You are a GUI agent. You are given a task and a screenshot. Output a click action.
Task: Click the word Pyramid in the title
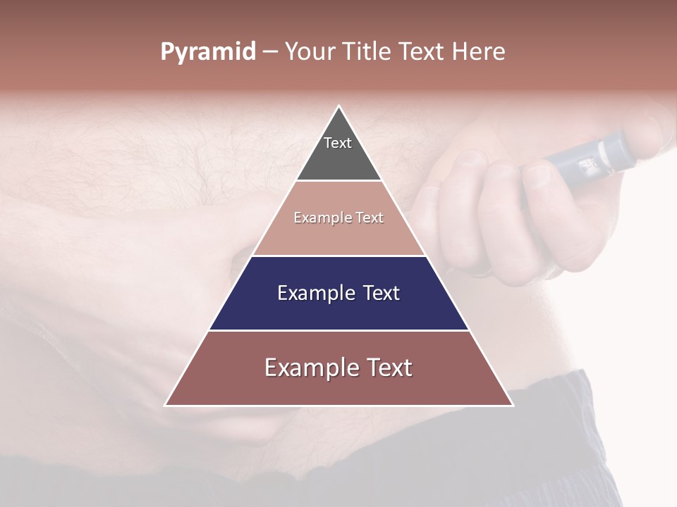(x=207, y=52)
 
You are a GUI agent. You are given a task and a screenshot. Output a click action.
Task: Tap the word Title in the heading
(x=367, y=52)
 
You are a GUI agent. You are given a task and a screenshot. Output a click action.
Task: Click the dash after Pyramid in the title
(x=270, y=52)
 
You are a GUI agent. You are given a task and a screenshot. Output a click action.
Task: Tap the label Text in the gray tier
(x=338, y=143)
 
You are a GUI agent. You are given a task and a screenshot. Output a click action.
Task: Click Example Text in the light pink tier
(x=338, y=218)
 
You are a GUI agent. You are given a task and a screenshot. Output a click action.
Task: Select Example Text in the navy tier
(x=338, y=293)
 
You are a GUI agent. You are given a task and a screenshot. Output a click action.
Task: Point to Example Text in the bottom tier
(x=338, y=368)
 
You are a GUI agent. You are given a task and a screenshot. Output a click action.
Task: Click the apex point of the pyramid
(x=339, y=107)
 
